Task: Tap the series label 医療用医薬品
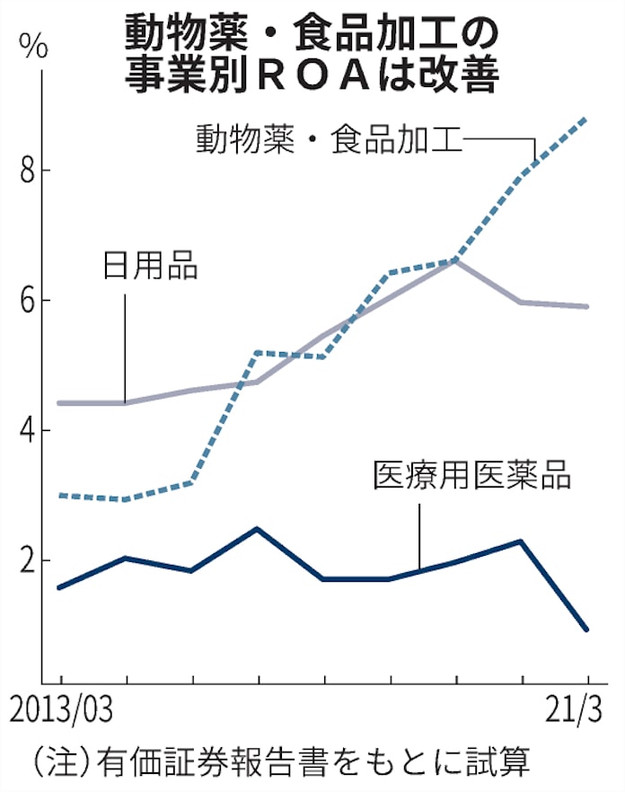(x=471, y=476)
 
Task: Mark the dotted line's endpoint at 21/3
(x=587, y=118)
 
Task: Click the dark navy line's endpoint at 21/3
(x=587, y=629)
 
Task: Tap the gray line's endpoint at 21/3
(x=587, y=306)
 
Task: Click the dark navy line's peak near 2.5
(x=258, y=529)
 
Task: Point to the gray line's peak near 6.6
(x=456, y=260)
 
